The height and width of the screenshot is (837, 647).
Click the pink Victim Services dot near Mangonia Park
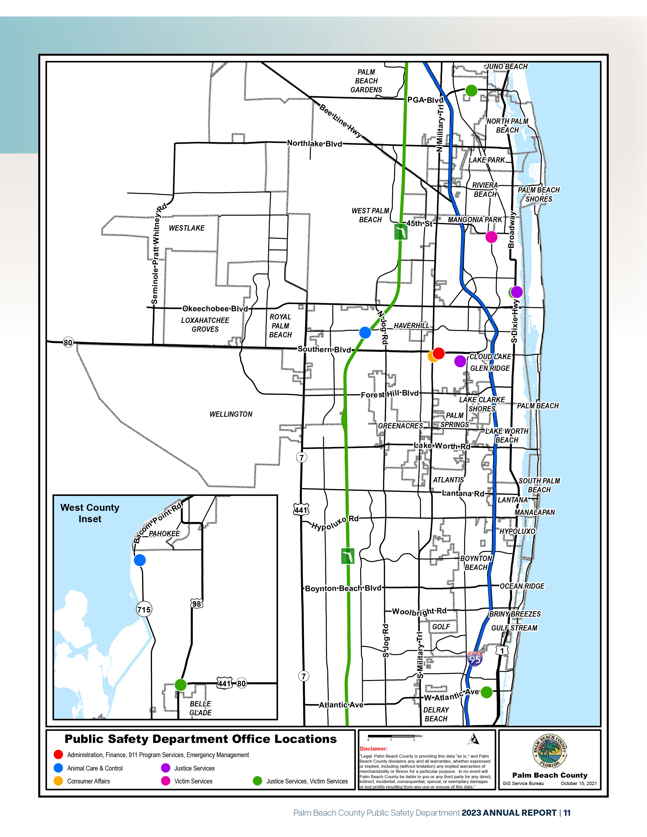[491, 237]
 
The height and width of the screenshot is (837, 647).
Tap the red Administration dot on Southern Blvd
[438, 353]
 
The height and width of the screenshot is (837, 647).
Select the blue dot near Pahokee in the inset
[140, 560]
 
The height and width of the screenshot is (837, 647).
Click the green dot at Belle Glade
[181, 685]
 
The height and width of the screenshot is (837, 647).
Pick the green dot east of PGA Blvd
[471, 91]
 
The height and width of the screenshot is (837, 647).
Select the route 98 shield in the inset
[196, 604]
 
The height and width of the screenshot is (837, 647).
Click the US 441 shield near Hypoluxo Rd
[301, 510]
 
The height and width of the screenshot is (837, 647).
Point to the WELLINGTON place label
[231, 414]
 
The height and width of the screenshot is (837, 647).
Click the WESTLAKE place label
[187, 228]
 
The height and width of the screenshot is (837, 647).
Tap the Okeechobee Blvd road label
[215, 308]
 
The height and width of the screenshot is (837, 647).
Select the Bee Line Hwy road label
[340, 120]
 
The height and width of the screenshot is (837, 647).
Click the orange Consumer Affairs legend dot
[58, 781]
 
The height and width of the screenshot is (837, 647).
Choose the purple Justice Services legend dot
[166, 768]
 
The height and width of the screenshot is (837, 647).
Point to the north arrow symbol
[474, 739]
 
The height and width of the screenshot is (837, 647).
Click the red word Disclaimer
[373, 748]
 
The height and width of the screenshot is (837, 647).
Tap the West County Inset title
[90, 513]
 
